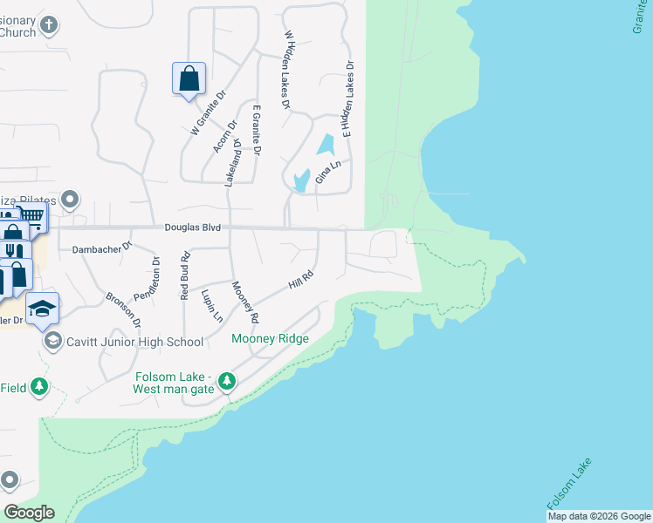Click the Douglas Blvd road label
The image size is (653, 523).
pos(192,228)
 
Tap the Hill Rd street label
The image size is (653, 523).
pos(301,281)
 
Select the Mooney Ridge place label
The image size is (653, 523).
pos(270,338)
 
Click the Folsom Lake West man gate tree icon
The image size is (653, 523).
pos(227,382)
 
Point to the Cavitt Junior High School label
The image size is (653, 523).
pos(134,342)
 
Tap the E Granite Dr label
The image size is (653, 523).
pos(257,131)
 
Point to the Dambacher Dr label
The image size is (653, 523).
pos(101,248)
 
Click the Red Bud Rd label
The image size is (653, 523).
pos(184,275)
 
